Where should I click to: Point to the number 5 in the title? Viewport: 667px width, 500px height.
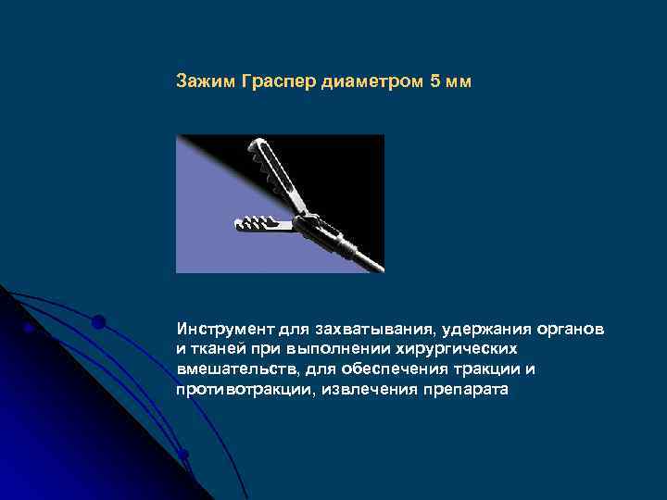coord(435,81)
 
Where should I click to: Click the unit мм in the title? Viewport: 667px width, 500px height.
coord(459,81)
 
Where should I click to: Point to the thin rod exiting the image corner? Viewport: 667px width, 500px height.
coord(371,260)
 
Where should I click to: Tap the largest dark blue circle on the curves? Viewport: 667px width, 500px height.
coord(98,322)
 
